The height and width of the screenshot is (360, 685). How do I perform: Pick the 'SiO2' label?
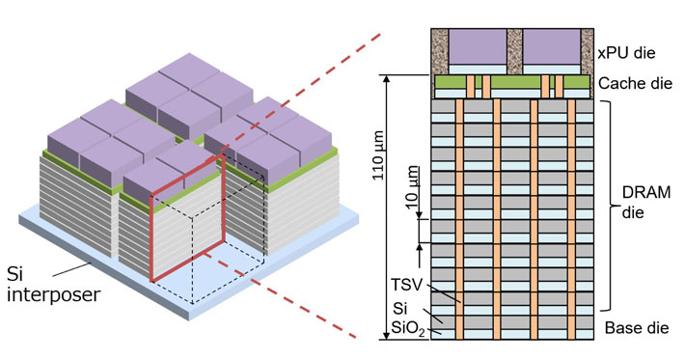(x=410, y=331)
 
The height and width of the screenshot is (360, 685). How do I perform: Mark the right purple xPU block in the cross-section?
(x=550, y=46)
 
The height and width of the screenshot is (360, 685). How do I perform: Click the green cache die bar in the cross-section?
(x=512, y=85)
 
